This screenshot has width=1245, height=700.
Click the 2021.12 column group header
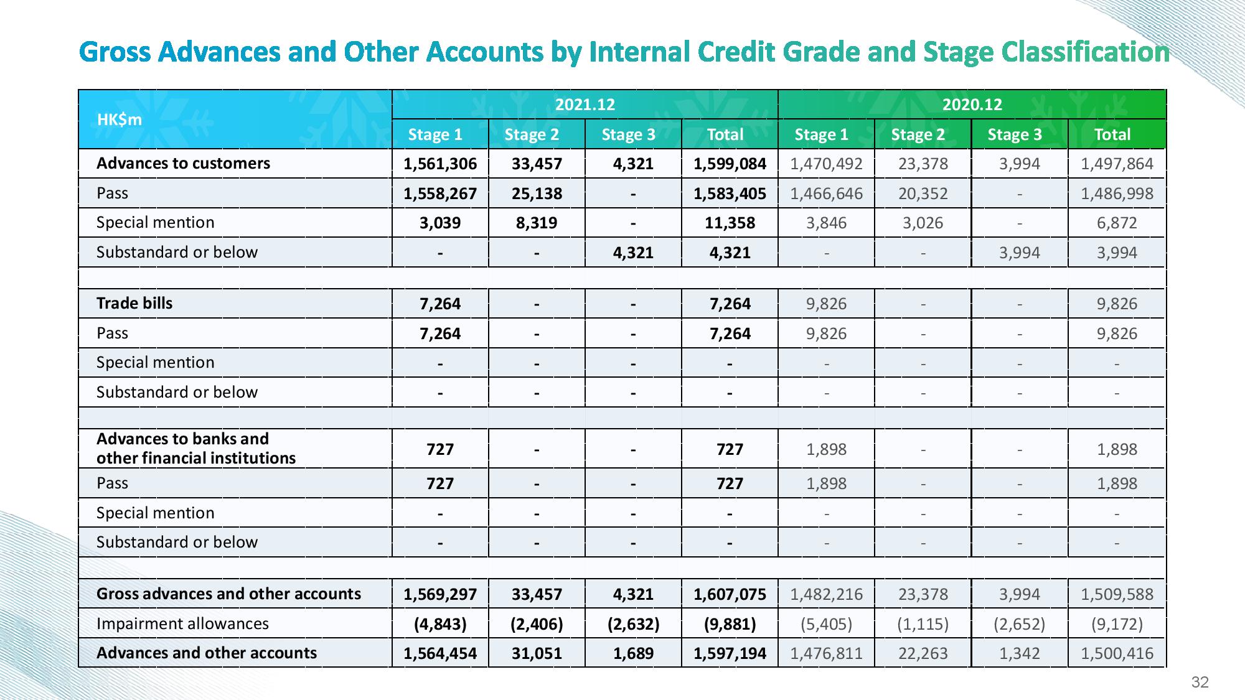pos(585,105)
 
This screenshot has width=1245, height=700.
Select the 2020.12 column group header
pos(972,105)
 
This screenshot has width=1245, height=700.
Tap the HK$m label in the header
pos(120,119)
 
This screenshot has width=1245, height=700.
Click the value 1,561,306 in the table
pos(440,164)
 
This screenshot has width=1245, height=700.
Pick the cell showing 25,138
pos(537,194)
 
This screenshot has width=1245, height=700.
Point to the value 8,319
pos(537,223)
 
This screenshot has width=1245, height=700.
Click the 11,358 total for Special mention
pos(730,223)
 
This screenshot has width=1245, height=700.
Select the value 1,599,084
pos(730,164)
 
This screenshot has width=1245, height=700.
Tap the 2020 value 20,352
pos(923,194)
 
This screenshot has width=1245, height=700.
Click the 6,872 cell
pos(1117,223)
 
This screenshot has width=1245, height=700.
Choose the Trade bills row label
pos(134,303)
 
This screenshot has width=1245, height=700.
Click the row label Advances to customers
pos(184,163)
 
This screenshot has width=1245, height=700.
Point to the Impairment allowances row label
pos(182,623)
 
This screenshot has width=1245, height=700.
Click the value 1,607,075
pos(730,594)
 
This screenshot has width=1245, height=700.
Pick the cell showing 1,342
pos(1019,653)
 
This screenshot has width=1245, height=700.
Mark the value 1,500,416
pos(1117,653)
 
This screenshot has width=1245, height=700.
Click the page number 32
pos(1200,683)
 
